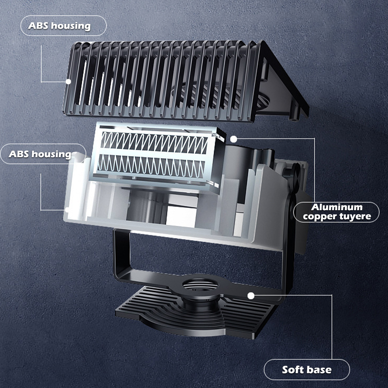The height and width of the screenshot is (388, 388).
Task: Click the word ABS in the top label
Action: point(38,26)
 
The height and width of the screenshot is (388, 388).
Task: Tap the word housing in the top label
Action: point(71,26)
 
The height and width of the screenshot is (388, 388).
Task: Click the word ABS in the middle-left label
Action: point(19,154)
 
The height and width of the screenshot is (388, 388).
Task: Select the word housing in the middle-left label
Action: point(51,155)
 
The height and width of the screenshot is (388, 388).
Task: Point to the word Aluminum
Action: point(337,207)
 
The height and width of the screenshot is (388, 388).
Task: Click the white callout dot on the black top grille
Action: point(69,81)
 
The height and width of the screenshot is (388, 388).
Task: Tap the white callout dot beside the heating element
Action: point(233,139)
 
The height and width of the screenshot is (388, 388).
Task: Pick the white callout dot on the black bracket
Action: point(251,296)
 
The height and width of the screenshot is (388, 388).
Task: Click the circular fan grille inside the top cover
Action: point(220,97)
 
